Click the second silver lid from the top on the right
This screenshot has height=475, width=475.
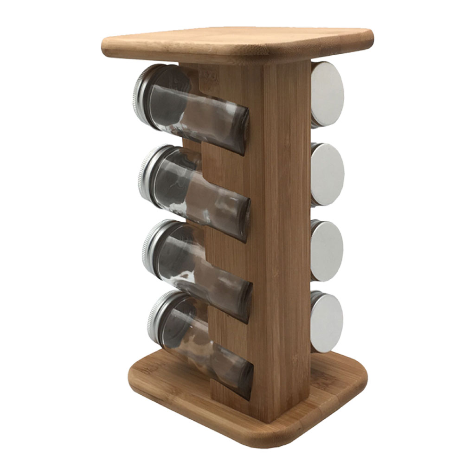[327, 174]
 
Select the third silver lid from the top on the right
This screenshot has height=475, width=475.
[327, 251]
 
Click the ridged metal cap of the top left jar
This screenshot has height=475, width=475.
[141, 95]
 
